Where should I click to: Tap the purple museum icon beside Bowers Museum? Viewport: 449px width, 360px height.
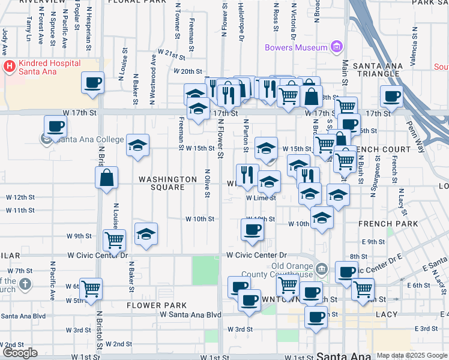click(337, 47)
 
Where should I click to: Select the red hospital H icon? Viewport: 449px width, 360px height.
click(9, 67)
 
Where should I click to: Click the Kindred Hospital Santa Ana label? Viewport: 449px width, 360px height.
click(40, 67)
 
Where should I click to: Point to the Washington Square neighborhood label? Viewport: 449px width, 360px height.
click(167, 183)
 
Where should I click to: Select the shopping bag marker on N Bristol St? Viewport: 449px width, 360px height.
click(106, 178)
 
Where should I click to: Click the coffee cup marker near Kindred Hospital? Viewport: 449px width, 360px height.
click(92, 83)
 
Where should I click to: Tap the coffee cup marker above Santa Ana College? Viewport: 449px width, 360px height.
click(55, 126)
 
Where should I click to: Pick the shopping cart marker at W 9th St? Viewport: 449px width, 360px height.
click(114, 240)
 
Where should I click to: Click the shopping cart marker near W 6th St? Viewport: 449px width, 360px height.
click(91, 289)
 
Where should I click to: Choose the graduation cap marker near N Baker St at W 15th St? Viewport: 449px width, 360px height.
click(137, 145)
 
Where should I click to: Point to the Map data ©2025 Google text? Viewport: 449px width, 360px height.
click(412, 355)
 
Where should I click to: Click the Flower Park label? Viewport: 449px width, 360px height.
click(152, 305)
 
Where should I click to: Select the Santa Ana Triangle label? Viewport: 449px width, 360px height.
click(376, 70)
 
